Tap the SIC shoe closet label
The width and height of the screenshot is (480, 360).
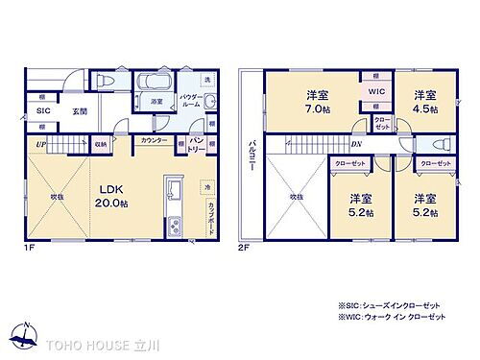click(x=42, y=111)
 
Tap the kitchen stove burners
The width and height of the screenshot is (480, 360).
click(x=175, y=227)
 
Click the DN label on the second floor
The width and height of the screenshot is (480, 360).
click(x=357, y=145)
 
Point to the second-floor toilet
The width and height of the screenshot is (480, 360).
click(x=443, y=144)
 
